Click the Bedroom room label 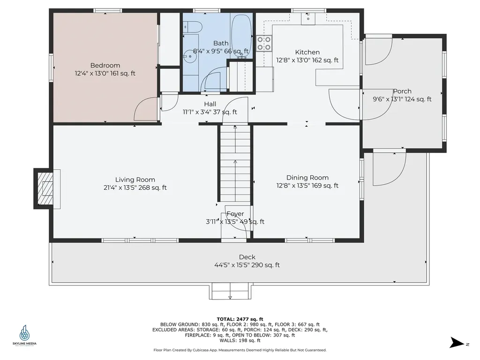[105, 66]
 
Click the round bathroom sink [190, 57]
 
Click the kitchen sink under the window [308, 18]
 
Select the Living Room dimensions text [135, 187]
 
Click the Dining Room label [307, 178]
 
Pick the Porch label [402, 91]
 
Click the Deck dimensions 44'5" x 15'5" [247, 265]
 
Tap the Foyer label [235, 214]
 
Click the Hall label [210, 104]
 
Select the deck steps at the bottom [230, 292]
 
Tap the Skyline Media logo [24, 335]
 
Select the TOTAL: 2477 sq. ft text [240, 319]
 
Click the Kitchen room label [307, 52]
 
